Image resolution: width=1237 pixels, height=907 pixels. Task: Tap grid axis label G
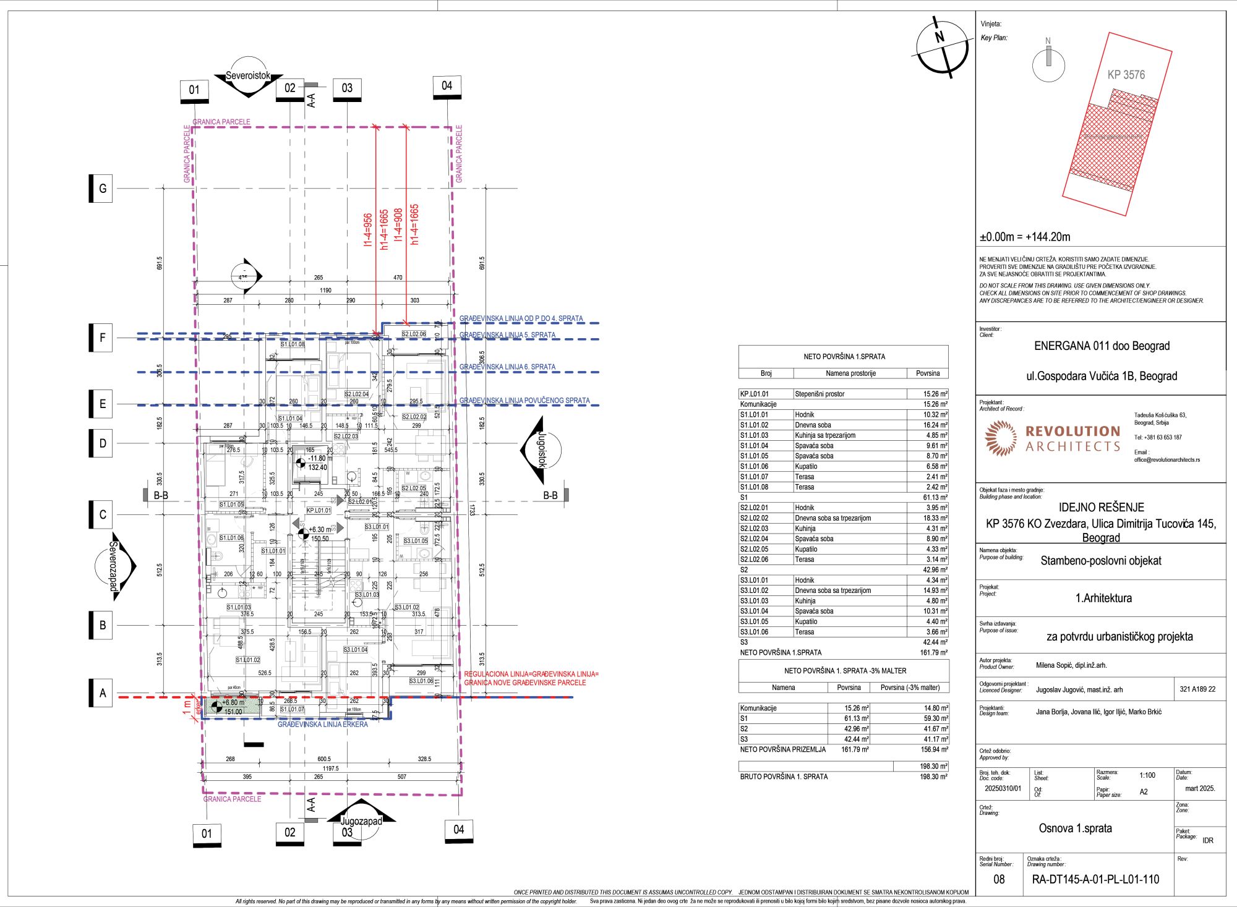[x=103, y=189]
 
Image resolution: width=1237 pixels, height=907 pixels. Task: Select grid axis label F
[x=103, y=338]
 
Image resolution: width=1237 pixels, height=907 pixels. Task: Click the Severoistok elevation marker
[x=248, y=77]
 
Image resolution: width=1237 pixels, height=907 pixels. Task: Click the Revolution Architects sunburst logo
[x=1000, y=438]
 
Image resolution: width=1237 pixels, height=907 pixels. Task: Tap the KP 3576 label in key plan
[x=1126, y=75]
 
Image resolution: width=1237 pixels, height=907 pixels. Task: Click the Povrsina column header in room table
[x=928, y=373]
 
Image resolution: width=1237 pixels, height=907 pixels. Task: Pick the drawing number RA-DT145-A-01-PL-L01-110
[x=1095, y=879]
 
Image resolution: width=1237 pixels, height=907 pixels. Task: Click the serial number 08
[x=999, y=879]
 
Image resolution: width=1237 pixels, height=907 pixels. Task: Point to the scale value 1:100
[x=1147, y=775]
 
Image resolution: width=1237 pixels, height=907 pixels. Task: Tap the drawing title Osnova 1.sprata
[x=1075, y=828]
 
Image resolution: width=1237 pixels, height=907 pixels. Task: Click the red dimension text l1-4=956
[x=368, y=231]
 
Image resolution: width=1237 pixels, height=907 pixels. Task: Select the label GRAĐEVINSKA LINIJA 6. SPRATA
[x=507, y=367]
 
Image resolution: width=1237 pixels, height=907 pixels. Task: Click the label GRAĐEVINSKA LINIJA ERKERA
[x=322, y=724]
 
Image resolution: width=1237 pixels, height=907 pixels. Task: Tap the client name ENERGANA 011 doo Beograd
[x=1102, y=346]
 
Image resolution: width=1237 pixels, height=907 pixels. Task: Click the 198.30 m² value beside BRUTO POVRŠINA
[x=933, y=777]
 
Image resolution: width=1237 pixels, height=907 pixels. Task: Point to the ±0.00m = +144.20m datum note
[x=1024, y=237]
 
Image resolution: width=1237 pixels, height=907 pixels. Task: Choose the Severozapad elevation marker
[x=114, y=566]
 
